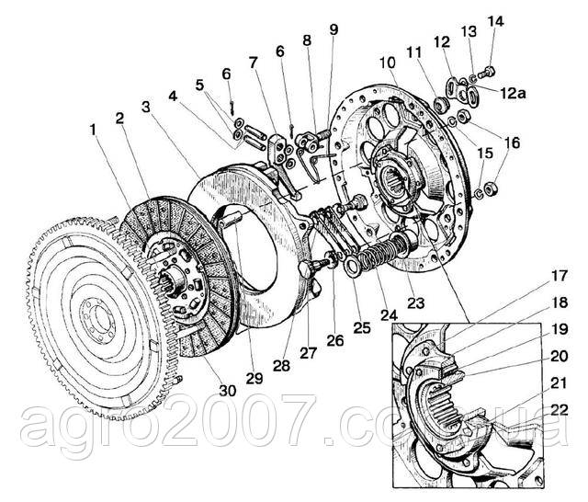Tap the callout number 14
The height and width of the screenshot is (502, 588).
click(495, 20)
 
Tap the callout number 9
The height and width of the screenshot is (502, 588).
click(332, 30)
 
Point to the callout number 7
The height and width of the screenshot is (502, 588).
click(253, 63)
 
